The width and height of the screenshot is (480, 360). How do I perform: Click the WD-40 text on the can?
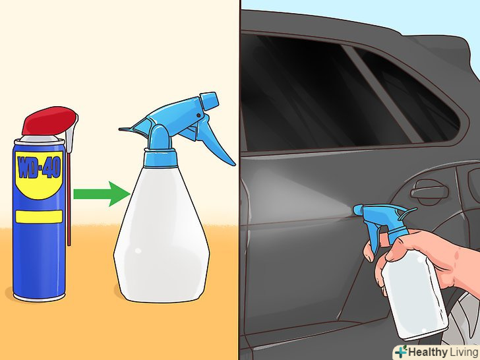pos(39,167)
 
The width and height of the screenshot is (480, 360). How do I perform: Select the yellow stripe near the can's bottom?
pos(39,216)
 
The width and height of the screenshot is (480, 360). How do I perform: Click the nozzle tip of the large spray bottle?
pos(210,100)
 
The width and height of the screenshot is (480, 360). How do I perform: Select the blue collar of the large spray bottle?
pos(161,158)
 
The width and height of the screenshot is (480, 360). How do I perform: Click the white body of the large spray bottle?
pos(162,234)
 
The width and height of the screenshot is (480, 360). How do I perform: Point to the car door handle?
pos(430,191)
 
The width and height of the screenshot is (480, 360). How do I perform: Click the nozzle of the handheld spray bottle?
pos(361,210)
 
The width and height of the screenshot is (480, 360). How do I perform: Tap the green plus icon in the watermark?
pos(401,351)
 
